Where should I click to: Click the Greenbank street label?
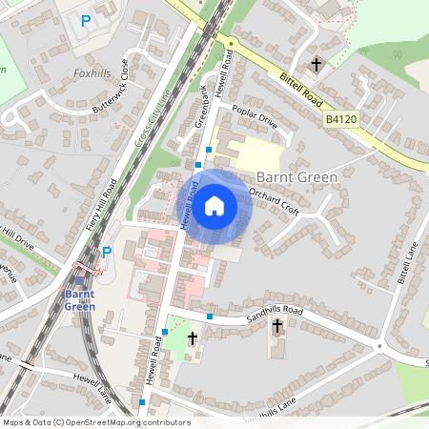click(201, 109)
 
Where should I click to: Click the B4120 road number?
click(340, 119)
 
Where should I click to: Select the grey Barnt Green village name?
click(298, 176)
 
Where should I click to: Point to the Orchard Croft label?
click(275, 201)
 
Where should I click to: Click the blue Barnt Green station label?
click(78, 300)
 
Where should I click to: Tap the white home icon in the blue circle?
click(214, 204)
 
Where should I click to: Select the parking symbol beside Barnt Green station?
click(107, 253)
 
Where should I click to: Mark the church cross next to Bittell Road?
click(317, 64)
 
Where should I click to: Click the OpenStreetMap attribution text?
click(96, 421)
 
